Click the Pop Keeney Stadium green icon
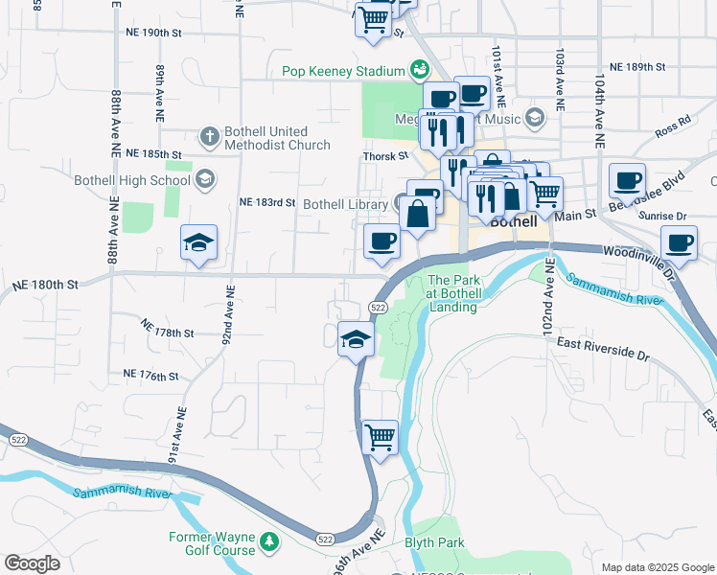[419, 70]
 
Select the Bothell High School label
[144, 179]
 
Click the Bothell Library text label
[345, 204]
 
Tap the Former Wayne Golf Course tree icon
[270, 543]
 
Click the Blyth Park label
[436, 542]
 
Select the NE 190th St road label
[153, 33]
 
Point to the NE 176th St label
[150, 374]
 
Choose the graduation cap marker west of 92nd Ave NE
[198, 244]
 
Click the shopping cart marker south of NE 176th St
[381, 437]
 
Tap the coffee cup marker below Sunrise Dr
[679, 242]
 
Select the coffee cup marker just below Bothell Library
[382, 241]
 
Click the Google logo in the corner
[32, 563]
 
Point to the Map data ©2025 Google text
[656, 566]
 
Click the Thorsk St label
[385, 156]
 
